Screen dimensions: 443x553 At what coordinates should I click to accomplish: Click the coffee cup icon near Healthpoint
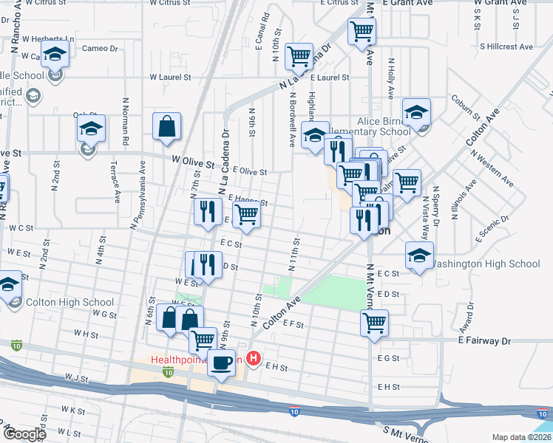click(222, 363)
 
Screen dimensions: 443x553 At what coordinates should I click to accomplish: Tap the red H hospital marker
click(254, 359)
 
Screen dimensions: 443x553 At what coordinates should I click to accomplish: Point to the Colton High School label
click(69, 302)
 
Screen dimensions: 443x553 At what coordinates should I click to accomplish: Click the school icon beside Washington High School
click(419, 256)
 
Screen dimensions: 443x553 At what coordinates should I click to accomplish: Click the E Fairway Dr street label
click(484, 341)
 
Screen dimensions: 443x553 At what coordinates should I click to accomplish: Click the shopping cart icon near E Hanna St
click(246, 215)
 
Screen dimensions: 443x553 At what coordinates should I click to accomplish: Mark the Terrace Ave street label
click(116, 182)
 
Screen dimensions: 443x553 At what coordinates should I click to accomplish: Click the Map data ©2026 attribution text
click(520, 437)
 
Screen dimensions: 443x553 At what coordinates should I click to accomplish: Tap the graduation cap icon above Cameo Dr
click(54, 55)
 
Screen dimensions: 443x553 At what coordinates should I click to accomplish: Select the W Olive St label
click(193, 161)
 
